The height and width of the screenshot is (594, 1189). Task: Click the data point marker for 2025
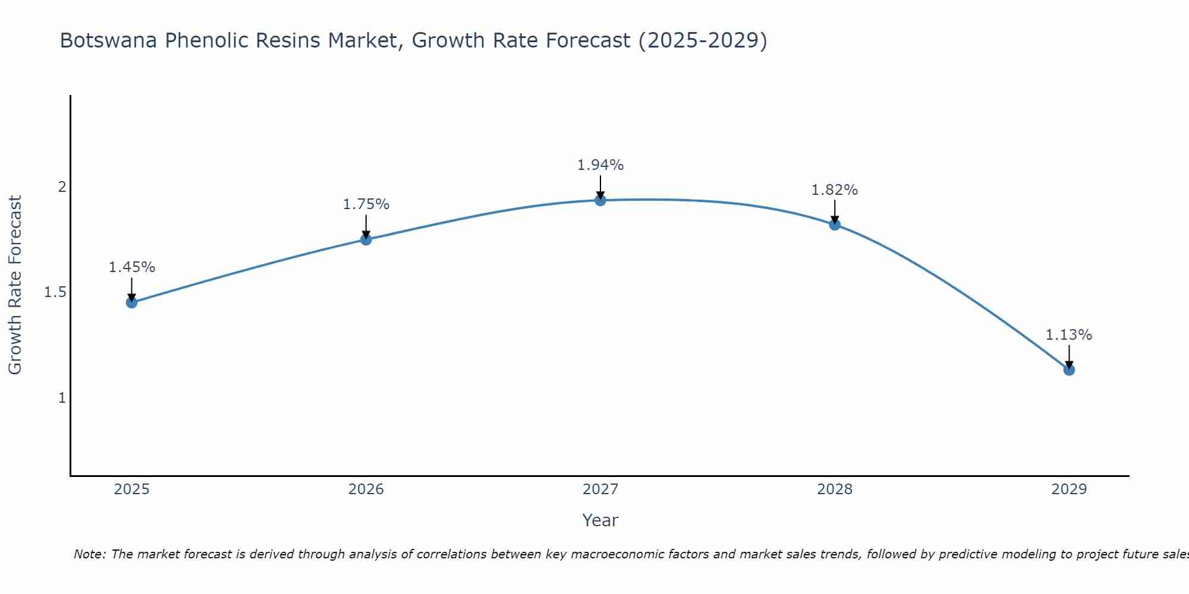tap(131, 302)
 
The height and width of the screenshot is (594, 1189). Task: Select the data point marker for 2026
tap(366, 239)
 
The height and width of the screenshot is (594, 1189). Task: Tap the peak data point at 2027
tap(600, 200)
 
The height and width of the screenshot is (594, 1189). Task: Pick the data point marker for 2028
tap(835, 225)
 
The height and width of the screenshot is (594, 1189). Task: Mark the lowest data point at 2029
tap(1069, 370)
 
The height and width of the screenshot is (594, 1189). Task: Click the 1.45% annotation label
tap(131, 267)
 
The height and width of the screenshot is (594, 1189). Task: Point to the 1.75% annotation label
tap(366, 204)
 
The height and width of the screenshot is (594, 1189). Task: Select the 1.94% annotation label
tap(600, 165)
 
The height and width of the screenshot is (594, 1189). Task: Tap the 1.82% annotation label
tap(835, 190)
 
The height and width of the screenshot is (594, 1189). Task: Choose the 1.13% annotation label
tap(1069, 335)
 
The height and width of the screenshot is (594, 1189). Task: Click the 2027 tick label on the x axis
tap(600, 489)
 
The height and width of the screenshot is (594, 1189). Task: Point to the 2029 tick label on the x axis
tap(1069, 489)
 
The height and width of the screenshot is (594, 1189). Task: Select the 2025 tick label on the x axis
tap(131, 489)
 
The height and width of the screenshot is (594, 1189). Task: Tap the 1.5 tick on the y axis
tap(55, 292)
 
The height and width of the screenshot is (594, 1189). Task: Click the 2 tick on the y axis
tap(61, 187)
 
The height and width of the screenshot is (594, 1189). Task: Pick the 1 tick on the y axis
tap(61, 397)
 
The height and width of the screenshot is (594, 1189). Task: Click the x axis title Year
tap(600, 520)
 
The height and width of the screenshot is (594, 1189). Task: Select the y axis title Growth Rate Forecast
tap(15, 285)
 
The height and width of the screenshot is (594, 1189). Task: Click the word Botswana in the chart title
tap(109, 40)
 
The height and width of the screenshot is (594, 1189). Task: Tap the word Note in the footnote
tap(89, 554)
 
